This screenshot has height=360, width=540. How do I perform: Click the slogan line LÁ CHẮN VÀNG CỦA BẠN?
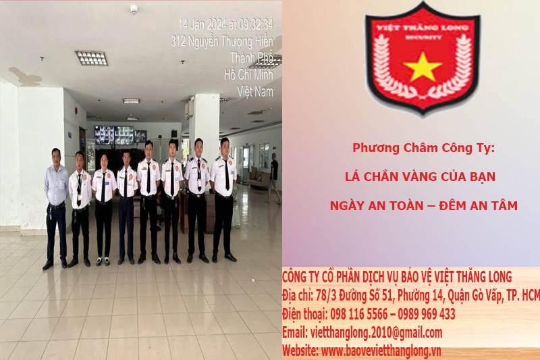coord(420,177)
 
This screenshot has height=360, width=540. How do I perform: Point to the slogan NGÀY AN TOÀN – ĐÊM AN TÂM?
coord(424,206)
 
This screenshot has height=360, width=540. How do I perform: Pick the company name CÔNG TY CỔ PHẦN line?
coord(397,277)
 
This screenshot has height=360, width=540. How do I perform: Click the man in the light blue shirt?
coord(55,203)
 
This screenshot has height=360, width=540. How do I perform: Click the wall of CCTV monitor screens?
coord(114,134)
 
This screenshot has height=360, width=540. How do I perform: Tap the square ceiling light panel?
coord(91,58)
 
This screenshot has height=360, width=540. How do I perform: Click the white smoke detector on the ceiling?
coord(134,9)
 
